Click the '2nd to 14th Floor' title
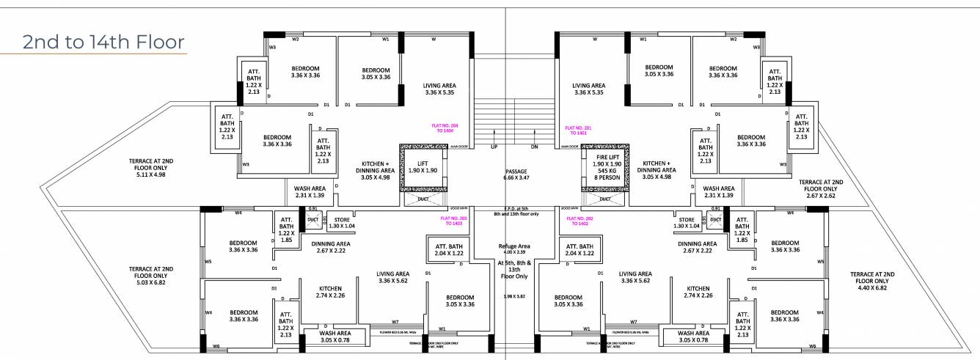click(103, 42)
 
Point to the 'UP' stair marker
click(494, 147)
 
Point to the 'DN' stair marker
click(535, 147)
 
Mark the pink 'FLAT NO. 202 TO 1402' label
click(579, 220)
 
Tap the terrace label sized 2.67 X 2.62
click(820, 188)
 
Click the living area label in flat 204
click(440, 89)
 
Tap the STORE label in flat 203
click(343, 223)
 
